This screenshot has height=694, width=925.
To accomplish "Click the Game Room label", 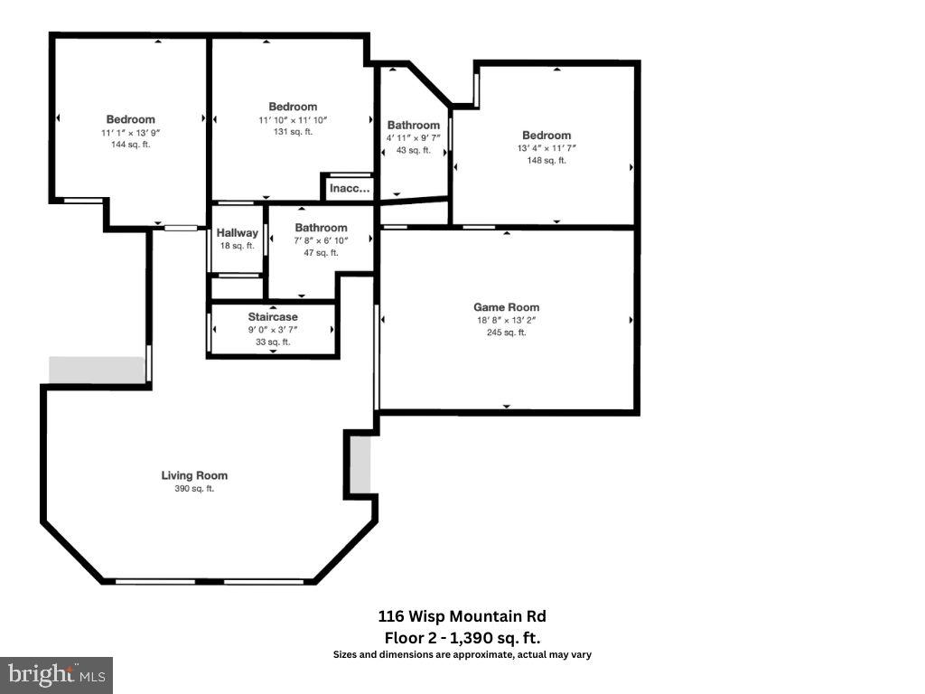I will [x=506, y=307].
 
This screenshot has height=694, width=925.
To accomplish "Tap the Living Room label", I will [x=194, y=475].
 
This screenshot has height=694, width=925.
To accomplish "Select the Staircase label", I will [x=273, y=317].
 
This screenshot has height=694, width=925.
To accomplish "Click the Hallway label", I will [x=237, y=233].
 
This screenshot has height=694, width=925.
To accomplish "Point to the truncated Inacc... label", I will [x=350, y=189].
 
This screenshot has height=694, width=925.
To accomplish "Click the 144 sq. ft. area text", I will [x=130, y=145].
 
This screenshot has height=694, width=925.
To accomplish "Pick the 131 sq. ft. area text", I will [x=293, y=132].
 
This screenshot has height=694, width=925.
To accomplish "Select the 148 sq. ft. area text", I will [x=547, y=161].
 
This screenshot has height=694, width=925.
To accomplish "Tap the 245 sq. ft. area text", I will [x=506, y=333].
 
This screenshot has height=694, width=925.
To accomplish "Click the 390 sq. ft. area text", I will [x=194, y=489].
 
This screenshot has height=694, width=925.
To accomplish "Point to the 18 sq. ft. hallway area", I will [x=237, y=246].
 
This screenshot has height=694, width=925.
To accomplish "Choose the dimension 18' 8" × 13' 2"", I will [x=506, y=320].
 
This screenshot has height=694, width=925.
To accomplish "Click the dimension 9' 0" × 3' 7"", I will [x=273, y=330].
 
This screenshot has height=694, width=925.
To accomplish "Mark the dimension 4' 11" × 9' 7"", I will [x=414, y=137].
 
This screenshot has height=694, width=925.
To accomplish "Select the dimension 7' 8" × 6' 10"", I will [x=321, y=240].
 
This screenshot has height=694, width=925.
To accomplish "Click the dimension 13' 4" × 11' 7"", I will [x=547, y=148].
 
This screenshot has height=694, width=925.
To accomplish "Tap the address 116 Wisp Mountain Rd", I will [x=462, y=616].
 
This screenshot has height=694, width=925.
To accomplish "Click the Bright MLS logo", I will [x=56, y=674].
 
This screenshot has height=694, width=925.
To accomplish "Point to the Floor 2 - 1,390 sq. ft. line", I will [x=462, y=637].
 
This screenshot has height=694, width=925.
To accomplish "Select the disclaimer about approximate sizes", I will [x=462, y=654].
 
